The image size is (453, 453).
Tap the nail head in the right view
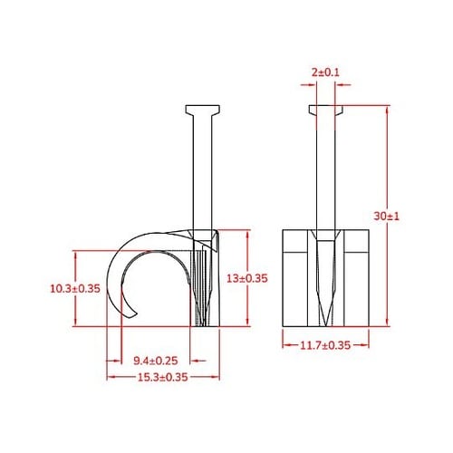[x=324, y=111]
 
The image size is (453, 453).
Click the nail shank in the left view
[x=204, y=172]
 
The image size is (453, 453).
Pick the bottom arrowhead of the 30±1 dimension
[x=387, y=324]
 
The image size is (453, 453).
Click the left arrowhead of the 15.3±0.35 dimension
[x=109, y=377]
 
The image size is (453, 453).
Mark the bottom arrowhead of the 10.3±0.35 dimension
[x=76, y=323]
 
